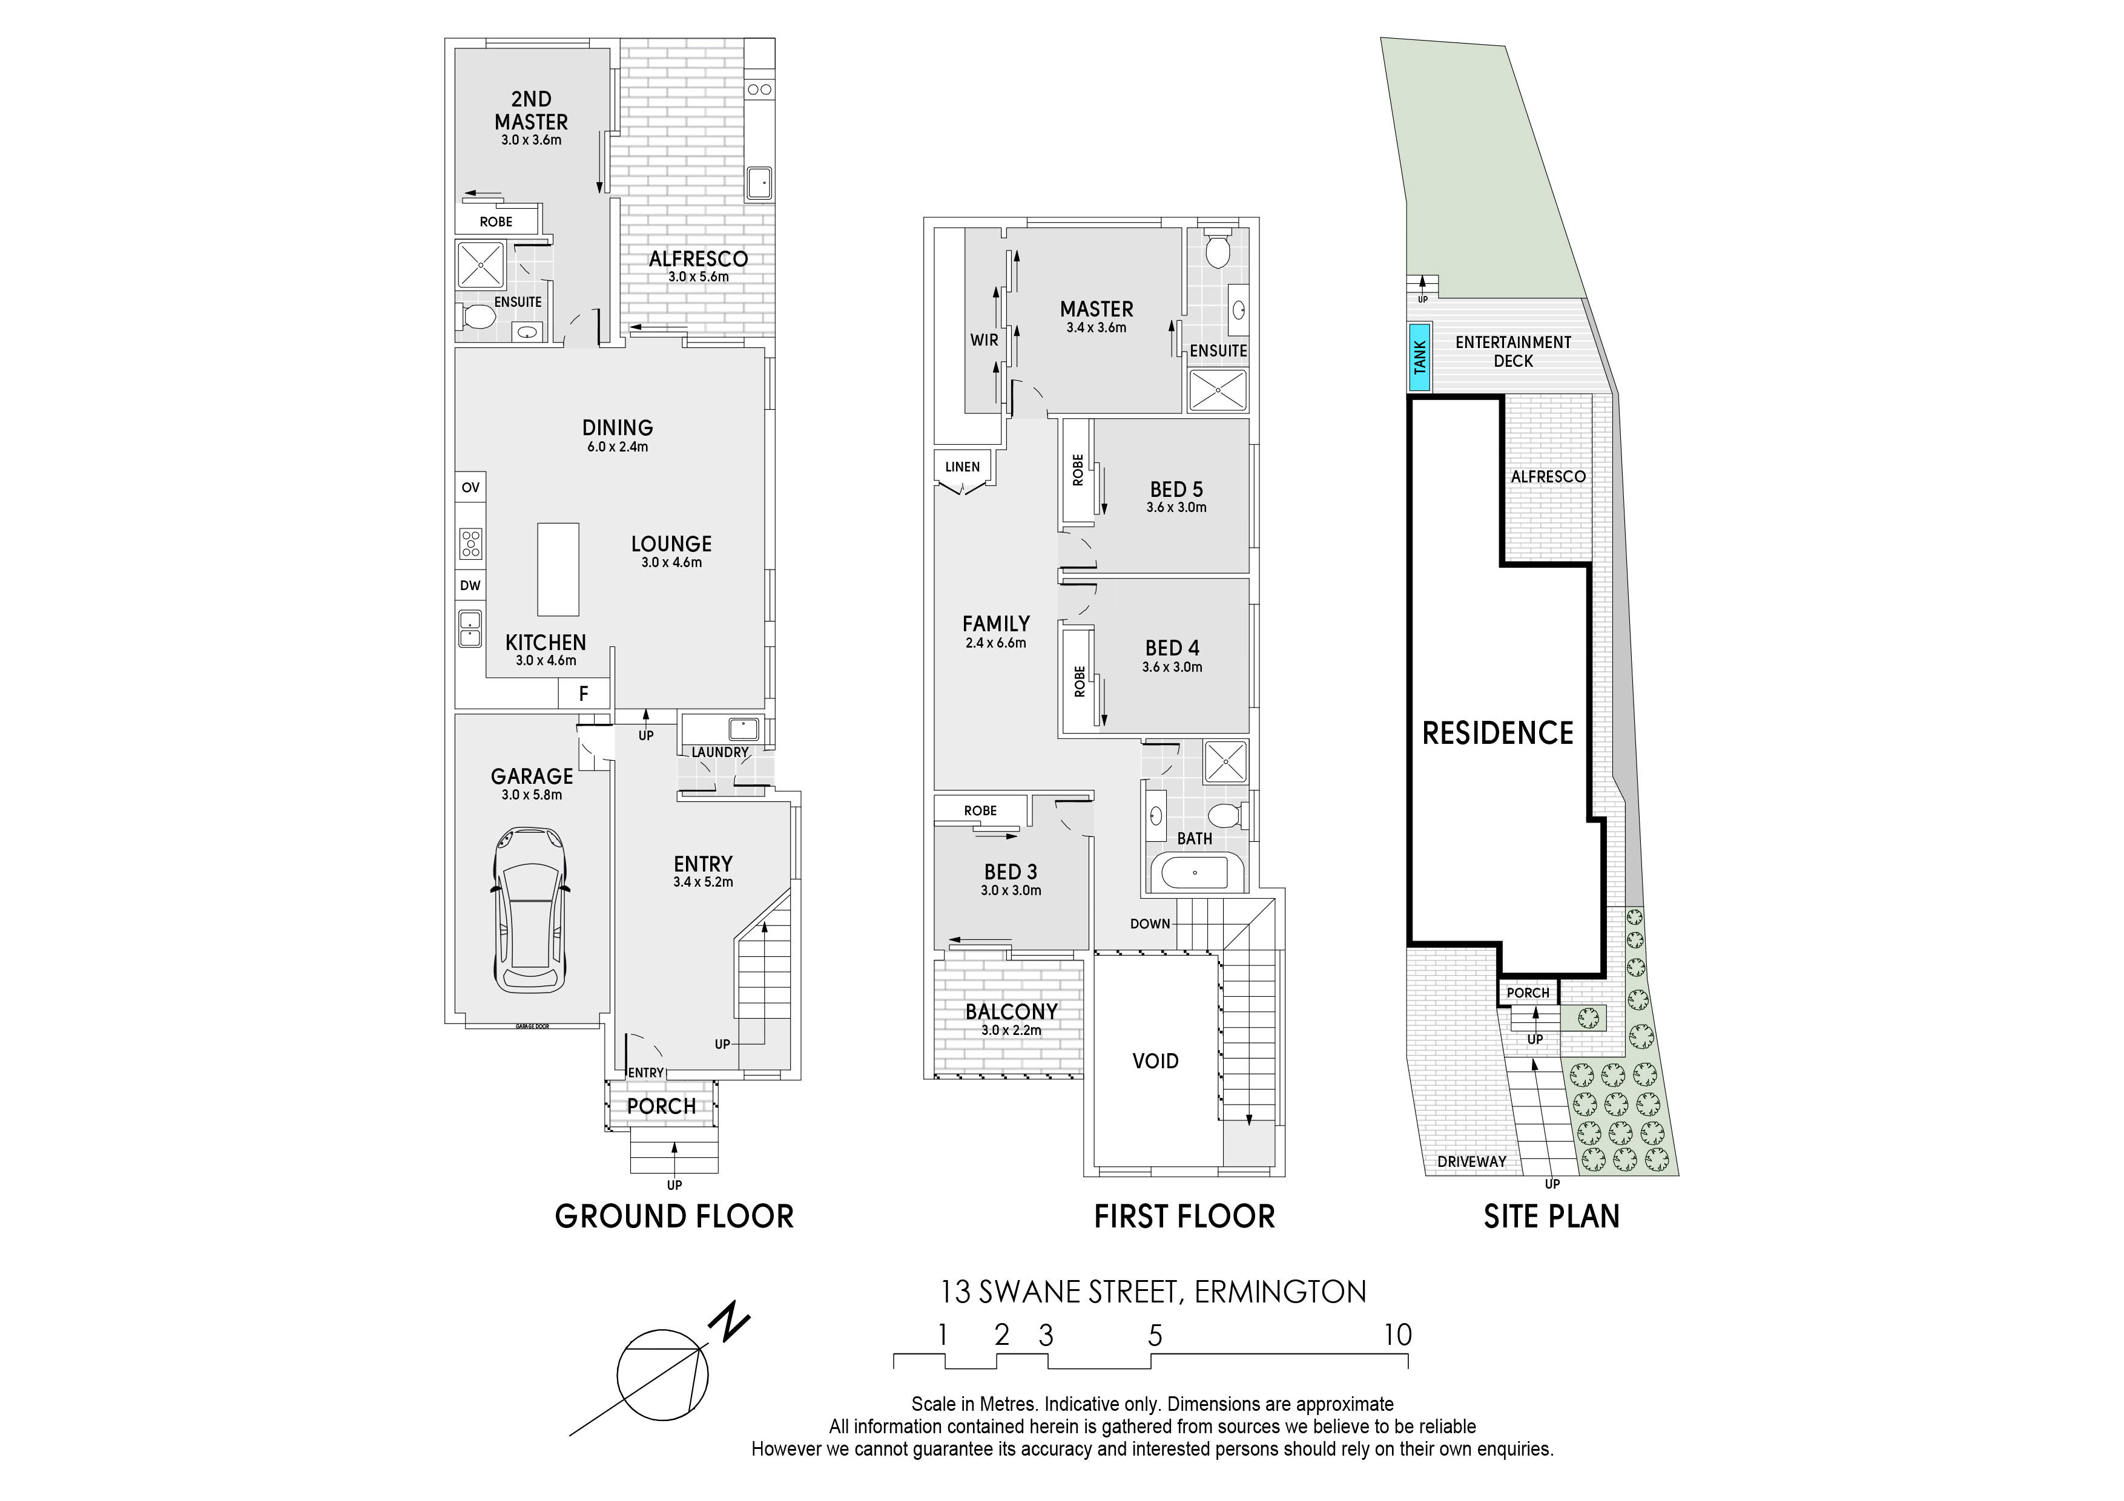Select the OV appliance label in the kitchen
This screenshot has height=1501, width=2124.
(471, 487)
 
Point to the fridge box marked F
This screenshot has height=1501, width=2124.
(584, 694)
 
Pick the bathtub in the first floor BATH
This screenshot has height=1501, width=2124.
(1195, 872)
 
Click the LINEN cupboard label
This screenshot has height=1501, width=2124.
(962, 467)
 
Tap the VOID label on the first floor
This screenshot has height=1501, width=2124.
(1155, 1061)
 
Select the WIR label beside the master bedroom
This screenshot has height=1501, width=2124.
(984, 340)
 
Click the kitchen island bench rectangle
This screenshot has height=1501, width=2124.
(559, 570)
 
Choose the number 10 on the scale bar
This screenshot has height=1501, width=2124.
(1398, 1335)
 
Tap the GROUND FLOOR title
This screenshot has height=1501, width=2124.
(674, 1216)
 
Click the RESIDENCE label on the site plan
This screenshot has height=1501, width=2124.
(1498, 734)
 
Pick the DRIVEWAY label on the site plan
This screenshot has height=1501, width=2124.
(1472, 1161)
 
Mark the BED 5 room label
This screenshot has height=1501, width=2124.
(1176, 489)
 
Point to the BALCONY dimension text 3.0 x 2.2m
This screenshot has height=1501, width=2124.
(1011, 1030)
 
